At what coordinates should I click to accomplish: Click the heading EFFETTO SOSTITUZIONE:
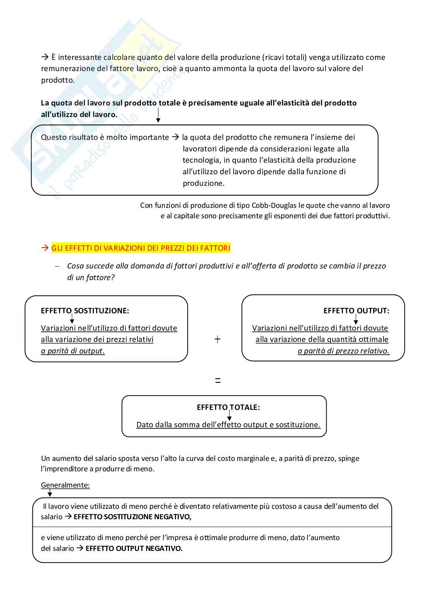click(x=85, y=311)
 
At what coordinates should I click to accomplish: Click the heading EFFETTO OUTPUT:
click(x=356, y=311)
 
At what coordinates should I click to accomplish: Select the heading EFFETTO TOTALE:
click(x=228, y=407)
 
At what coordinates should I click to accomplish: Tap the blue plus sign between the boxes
click(x=217, y=339)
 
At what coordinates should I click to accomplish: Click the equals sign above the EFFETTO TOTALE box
click(x=218, y=381)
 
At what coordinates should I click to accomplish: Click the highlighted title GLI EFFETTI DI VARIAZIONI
click(x=141, y=248)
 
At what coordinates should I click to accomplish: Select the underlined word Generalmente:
click(x=65, y=485)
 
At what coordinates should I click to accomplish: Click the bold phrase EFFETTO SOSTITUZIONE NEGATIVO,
click(x=132, y=517)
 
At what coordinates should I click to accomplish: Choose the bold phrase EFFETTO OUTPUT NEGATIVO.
click(x=134, y=549)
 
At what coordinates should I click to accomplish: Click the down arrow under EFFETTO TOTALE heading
click(x=229, y=416)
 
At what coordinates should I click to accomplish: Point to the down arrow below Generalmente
click(x=50, y=493)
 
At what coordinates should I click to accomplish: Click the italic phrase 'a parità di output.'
click(x=73, y=351)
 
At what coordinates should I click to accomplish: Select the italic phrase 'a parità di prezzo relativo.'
click(x=343, y=351)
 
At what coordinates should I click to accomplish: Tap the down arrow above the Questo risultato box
click(x=158, y=116)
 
